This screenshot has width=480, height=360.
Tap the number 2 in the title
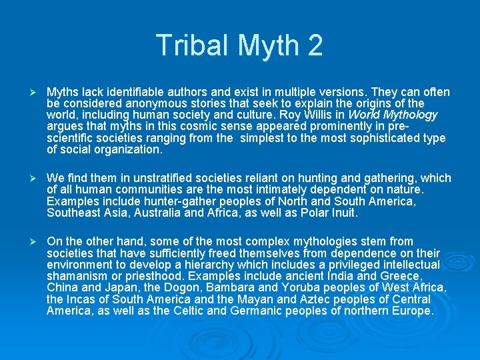314,45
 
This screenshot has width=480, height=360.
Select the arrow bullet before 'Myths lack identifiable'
29,92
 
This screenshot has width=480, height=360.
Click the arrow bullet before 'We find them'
29,178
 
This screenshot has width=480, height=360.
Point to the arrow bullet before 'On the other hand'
29,241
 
